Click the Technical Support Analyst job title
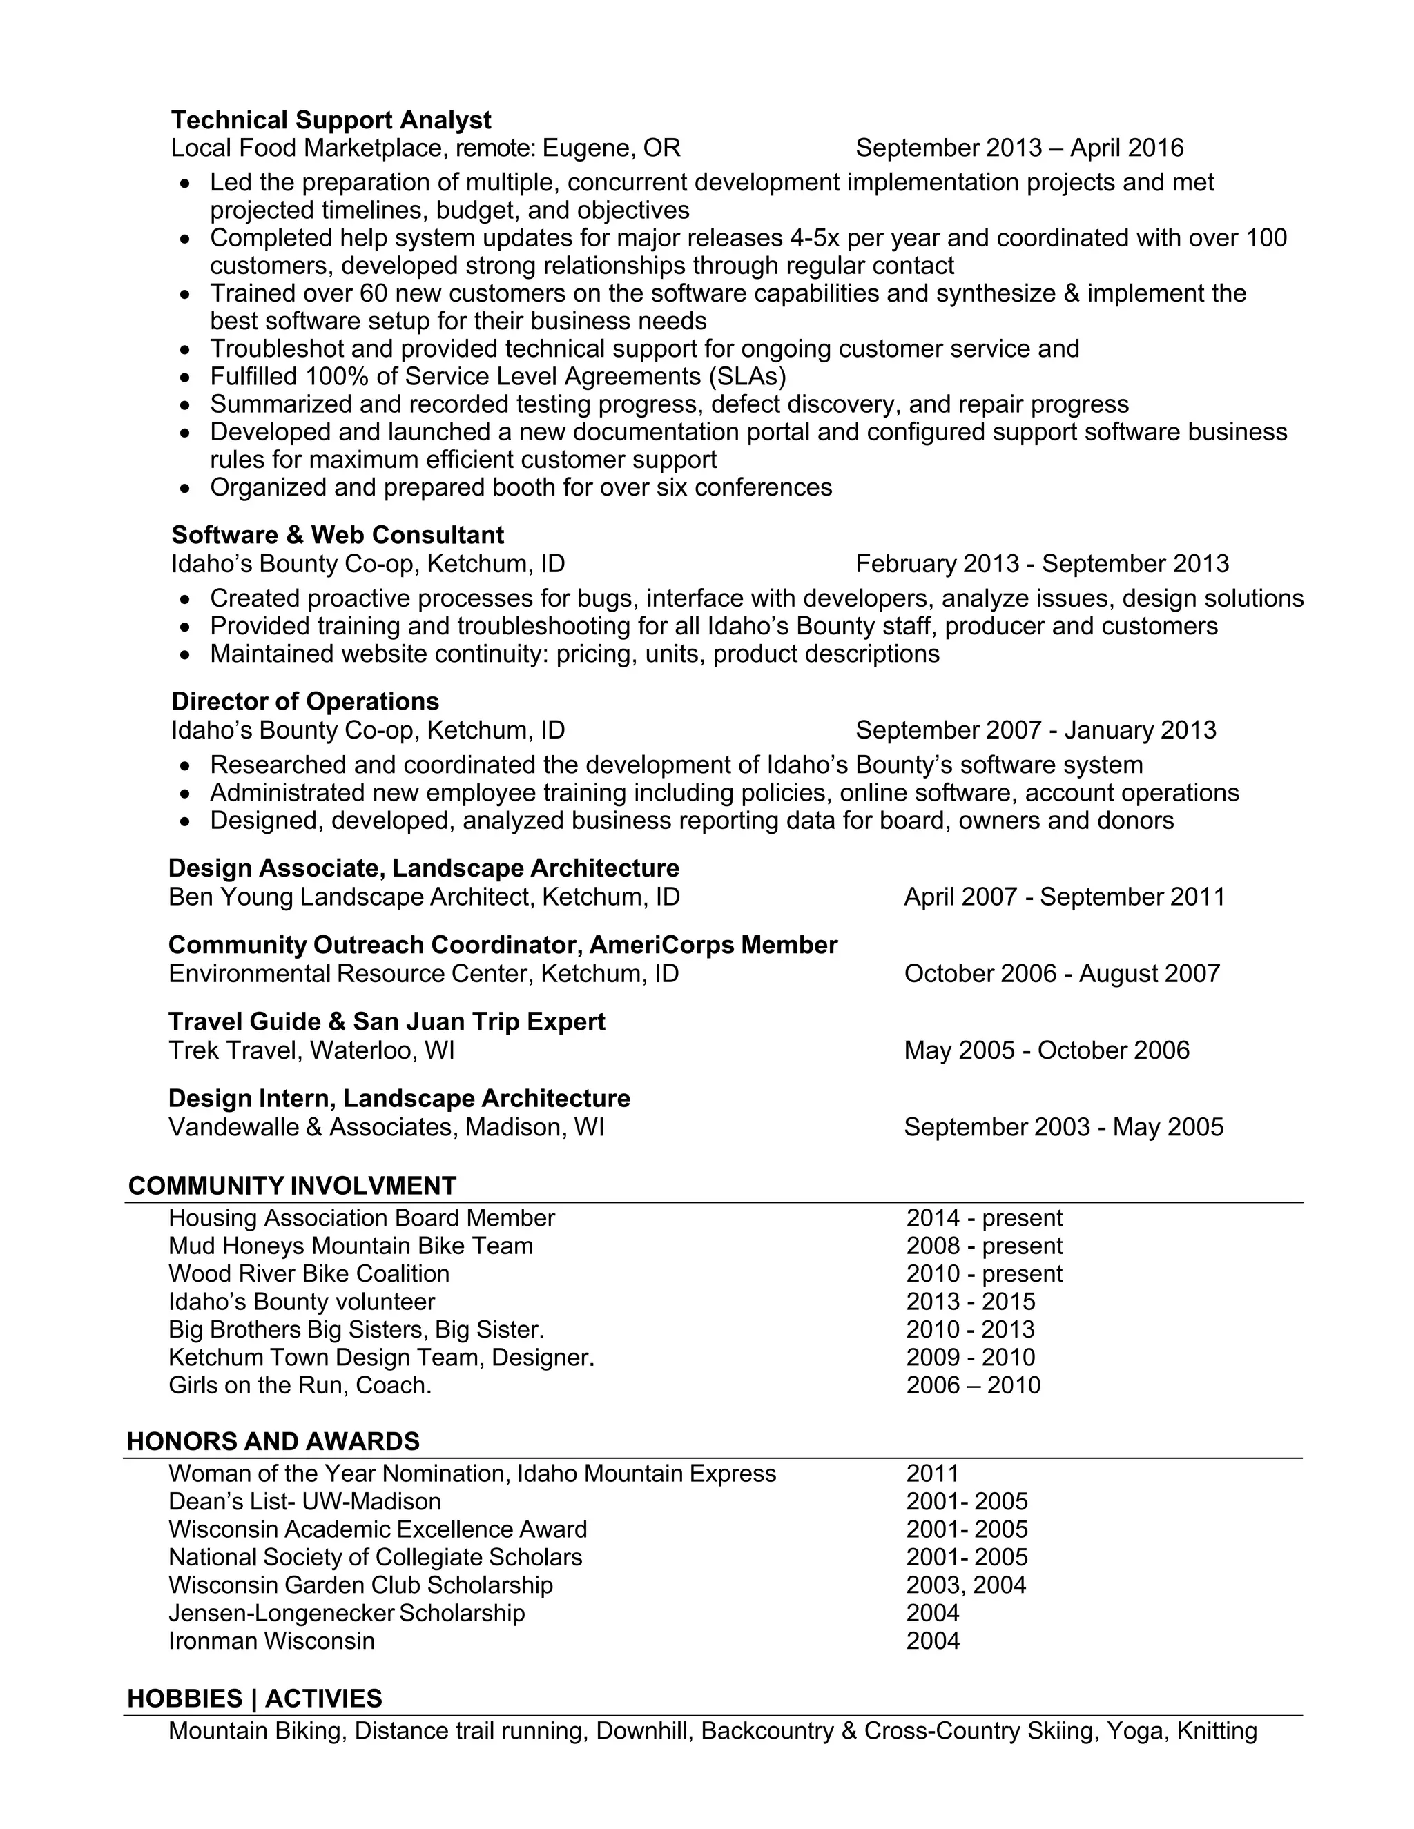(331, 120)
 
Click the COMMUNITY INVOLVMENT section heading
(291, 1185)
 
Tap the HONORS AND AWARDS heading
(273, 1440)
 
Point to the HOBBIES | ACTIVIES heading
(255, 1698)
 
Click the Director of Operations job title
(305, 701)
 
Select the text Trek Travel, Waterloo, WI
(311, 1050)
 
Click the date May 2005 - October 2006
(1046, 1050)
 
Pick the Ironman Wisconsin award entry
(271, 1641)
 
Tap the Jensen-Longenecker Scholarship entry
(346, 1613)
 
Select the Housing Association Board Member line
(361, 1217)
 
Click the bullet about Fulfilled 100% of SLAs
(498, 376)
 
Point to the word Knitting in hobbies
(1217, 1730)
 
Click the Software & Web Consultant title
(338, 534)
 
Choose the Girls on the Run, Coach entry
(300, 1385)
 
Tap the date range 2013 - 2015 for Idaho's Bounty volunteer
(970, 1302)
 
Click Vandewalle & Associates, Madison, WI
(386, 1127)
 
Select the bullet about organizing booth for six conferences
(520, 487)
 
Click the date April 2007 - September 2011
(1064, 897)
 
